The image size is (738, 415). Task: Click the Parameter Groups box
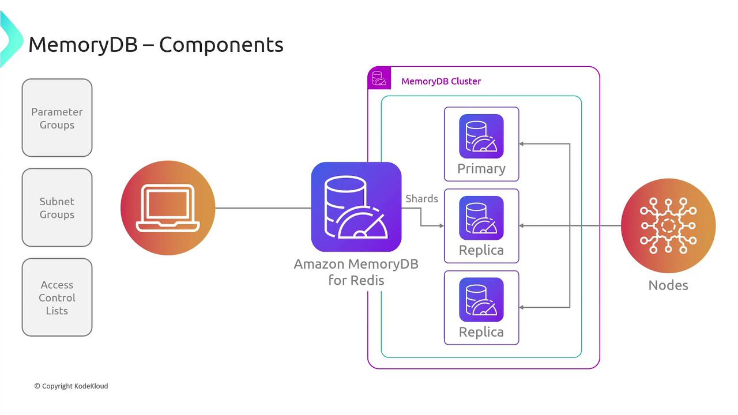pyautogui.click(x=57, y=118)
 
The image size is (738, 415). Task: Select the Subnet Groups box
pyautogui.click(x=57, y=207)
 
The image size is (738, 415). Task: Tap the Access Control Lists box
pyautogui.click(x=57, y=297)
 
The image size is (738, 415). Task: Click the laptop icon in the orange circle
pyautogui.click(x=168, y=207)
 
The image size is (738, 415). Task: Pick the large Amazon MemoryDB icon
pyautogui.click(x=356, y=207)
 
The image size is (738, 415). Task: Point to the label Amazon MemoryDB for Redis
pyautogui.click(x=356, y=272)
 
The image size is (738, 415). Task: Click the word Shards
pyautogui.click(x=421, y=199)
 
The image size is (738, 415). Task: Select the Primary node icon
pyautogui.click(x=481, y=136)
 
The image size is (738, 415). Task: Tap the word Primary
pyautogui.click(x=481, y=169)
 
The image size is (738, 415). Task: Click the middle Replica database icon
pyautogui.click(x=481, y=218)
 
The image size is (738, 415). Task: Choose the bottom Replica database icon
pyautogui.click(x=481, y=300)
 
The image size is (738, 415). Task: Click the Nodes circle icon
pyautogui.click(x=668, y=225)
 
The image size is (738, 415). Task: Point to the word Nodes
pyautogui.click(x=668, y=285)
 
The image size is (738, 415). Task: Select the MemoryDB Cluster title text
pyautogui.click(x=441, y=81)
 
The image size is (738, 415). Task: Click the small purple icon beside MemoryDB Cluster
pyautogui.click(x=379, y=78)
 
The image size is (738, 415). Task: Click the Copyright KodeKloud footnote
pyautogui.click(x=71, y=386)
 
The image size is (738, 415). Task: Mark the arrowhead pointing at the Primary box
pyautogui.click(x=522, y=144)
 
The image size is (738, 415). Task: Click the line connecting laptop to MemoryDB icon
pyautogui.click(x=262, y=208)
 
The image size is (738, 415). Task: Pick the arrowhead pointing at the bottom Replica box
pyautogui.click(x=522, y=308)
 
